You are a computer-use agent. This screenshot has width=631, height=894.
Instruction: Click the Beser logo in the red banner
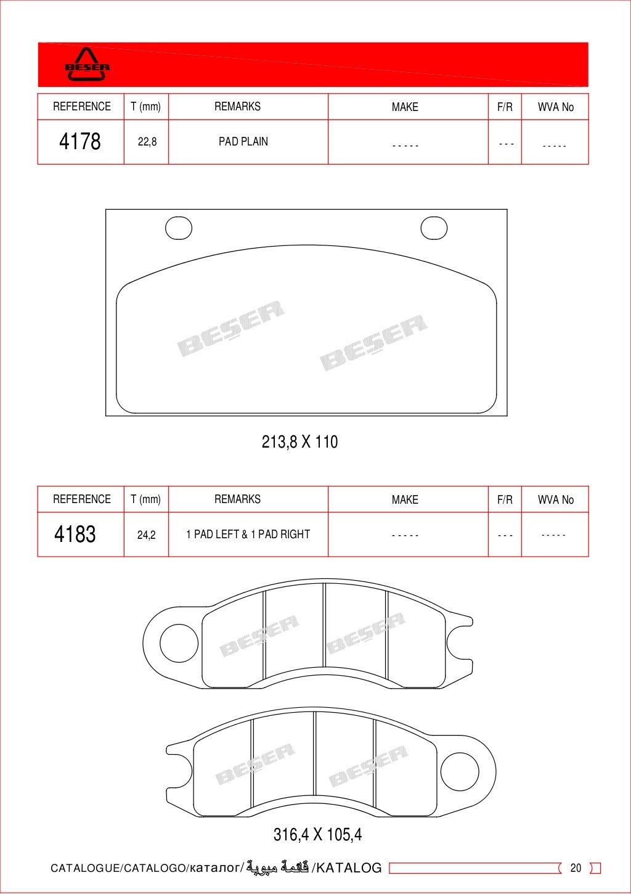click(88, 65)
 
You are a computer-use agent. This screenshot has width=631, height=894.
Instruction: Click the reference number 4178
click(80, 141)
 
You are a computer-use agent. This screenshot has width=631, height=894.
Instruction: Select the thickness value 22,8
click(147, 142)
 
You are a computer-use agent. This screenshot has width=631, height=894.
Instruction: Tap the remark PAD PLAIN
click(243, 141)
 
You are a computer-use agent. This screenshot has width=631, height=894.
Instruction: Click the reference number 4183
click(75, 534)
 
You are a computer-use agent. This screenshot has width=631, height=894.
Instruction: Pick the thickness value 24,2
click(146, 535)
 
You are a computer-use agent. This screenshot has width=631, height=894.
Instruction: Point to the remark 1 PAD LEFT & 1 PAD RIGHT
click(248, 534)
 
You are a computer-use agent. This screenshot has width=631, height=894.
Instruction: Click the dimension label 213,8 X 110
click(299, 441)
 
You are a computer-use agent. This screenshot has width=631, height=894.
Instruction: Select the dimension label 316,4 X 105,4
click(317, 834)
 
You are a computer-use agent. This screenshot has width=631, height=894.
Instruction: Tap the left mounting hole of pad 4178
click(179, 228)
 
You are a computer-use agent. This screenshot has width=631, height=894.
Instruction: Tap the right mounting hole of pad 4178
click(434, 228)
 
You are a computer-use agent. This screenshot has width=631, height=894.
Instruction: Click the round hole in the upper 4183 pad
click(179, 643)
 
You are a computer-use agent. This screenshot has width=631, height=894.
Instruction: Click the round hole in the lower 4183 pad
click(460, 771)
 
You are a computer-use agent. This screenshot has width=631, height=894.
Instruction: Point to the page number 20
click(576, 867)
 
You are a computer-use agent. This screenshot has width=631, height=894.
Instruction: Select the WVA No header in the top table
click(555, 107)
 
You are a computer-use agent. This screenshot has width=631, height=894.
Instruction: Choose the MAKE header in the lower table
click(405, 499)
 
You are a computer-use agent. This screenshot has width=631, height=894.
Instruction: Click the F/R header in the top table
click(505, 107)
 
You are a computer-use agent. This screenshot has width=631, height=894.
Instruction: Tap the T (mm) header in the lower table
click(145, 499)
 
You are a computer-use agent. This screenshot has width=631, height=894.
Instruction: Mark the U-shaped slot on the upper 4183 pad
click(459, 643)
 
